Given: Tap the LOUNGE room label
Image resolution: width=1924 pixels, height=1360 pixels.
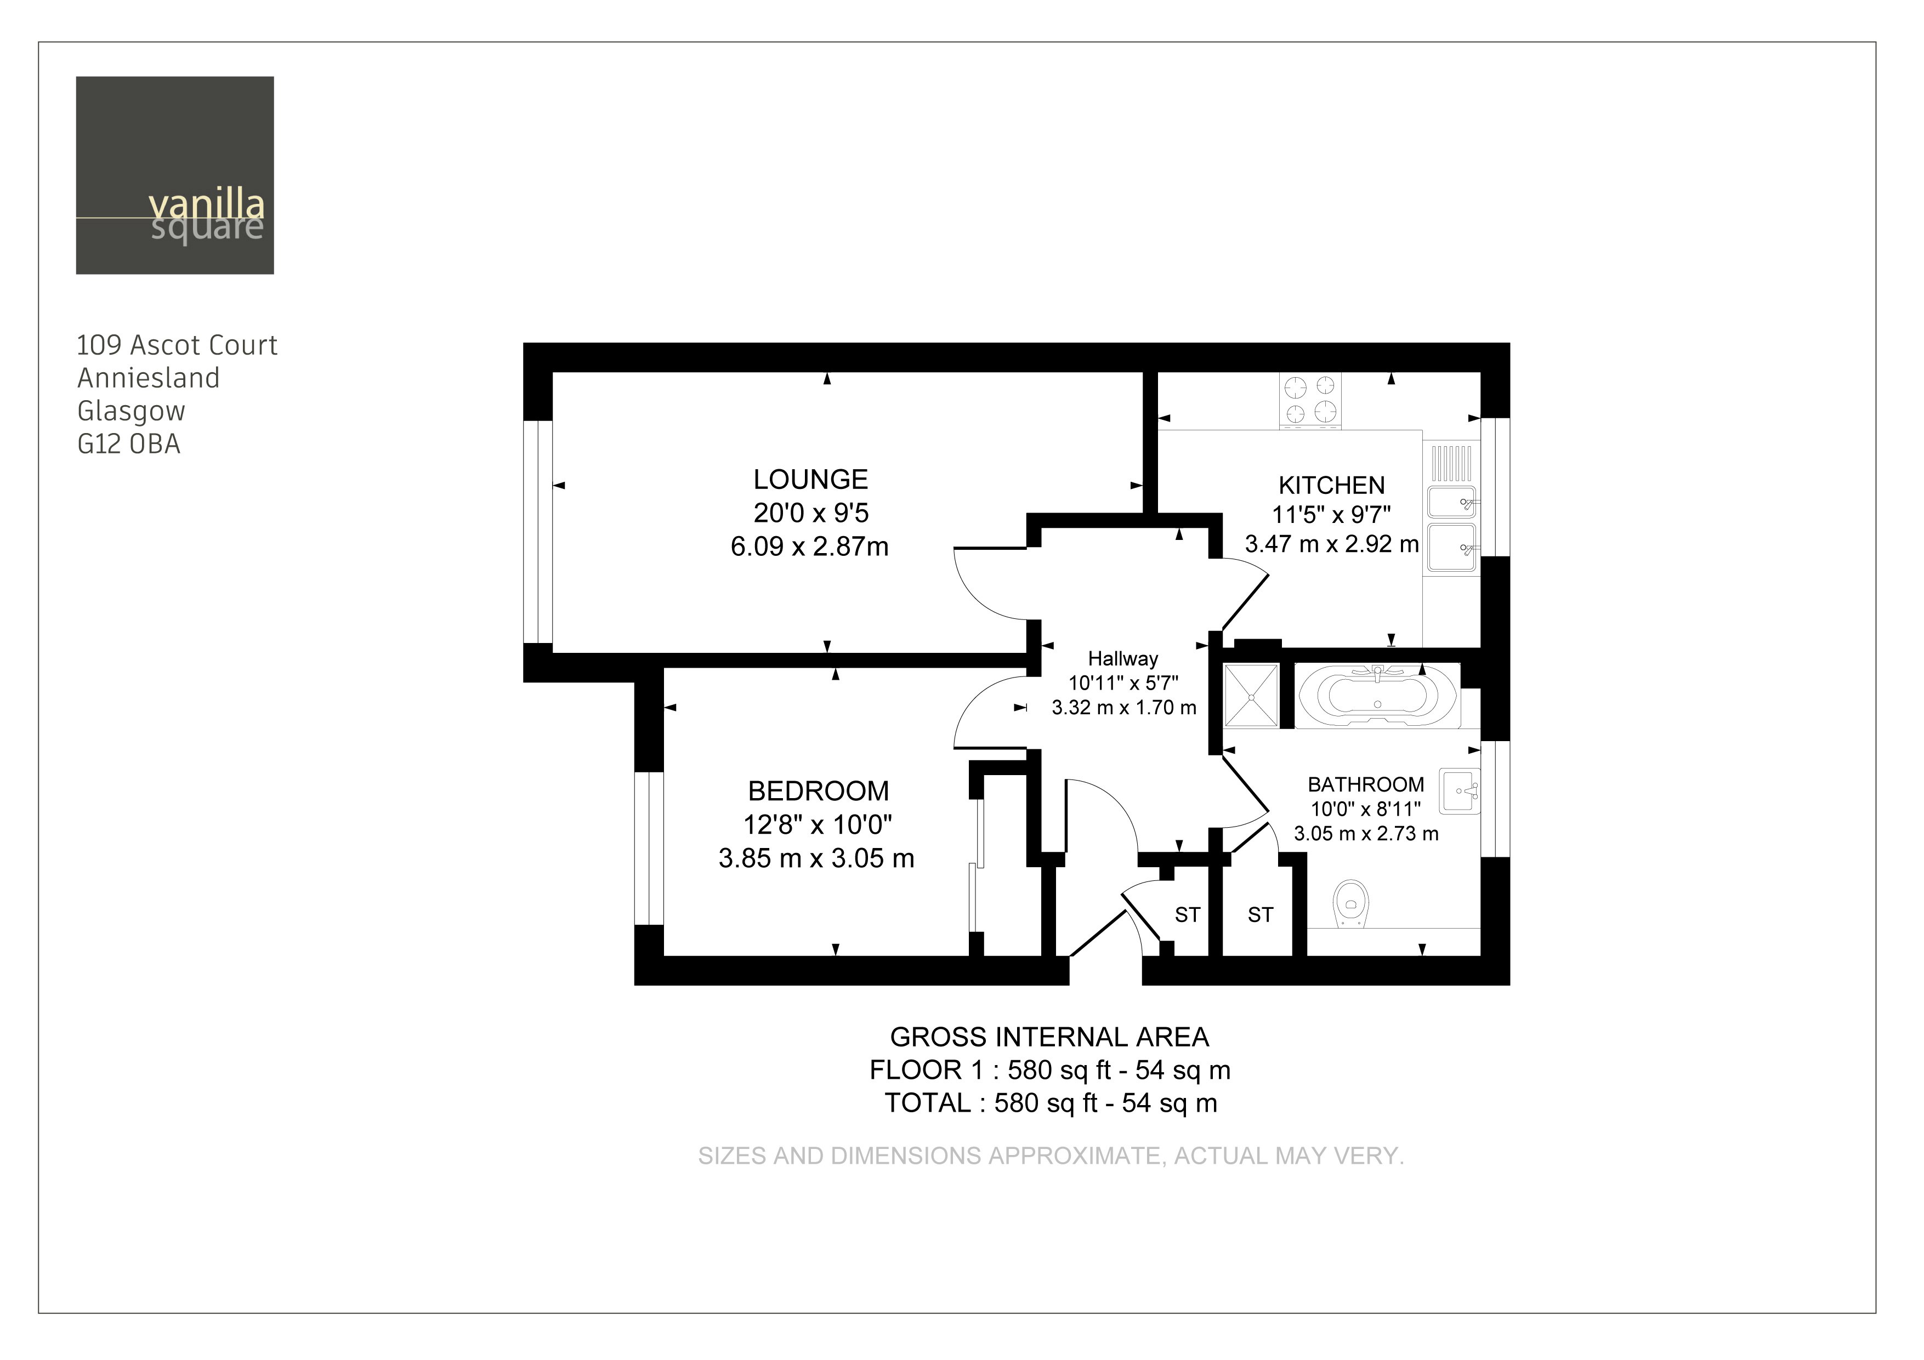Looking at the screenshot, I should [810, 479].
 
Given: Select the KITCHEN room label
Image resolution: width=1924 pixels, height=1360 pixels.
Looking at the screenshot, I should [1331, 485].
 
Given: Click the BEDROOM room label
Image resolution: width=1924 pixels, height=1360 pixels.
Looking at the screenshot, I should [818, 791].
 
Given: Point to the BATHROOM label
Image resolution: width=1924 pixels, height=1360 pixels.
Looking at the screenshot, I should [1366, 784].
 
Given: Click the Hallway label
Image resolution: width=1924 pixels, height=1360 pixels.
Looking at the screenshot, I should [1123, 659].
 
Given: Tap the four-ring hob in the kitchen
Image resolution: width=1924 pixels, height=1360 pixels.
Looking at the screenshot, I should [1310, 400].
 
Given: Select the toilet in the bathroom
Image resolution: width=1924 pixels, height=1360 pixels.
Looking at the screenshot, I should [1350, 903].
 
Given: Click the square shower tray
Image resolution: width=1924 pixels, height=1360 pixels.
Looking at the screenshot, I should [1251, 695].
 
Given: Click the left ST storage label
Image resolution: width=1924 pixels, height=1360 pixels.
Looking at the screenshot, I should [1188, 914].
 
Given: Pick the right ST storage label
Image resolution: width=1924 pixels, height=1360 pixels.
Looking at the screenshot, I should [1261, 914].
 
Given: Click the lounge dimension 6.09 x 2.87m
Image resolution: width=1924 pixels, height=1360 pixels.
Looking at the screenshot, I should [809, 547].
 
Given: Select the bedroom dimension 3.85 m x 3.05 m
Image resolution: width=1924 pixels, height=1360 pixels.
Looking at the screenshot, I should [816, 858].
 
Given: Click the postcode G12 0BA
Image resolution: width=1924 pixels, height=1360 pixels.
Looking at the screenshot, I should [129, 444].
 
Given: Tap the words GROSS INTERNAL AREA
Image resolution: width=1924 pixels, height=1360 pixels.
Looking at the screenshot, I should [1049, 1037].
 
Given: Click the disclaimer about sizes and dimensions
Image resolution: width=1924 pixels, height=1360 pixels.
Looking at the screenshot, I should [1051, 1157].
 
